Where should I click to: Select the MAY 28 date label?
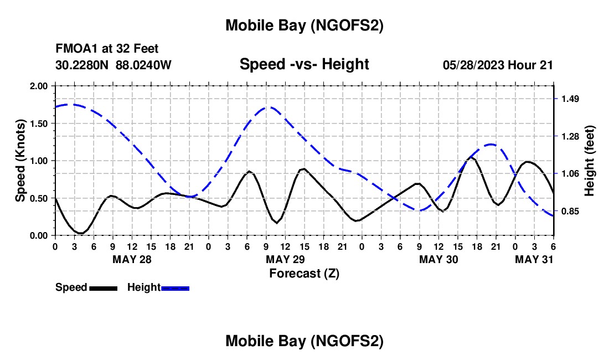tap(132, 259)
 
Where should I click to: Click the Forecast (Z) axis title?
tap(304, 273)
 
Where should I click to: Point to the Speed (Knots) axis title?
tap(20, 161)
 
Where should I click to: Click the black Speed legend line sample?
tap(103, 288)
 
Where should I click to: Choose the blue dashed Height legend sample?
tap(176, 288)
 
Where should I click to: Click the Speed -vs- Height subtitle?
tap(304, 64)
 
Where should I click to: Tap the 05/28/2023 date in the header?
tap(473, 65)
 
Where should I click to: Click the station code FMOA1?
tap(73, 49)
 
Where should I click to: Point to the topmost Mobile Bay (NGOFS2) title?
tap(304, 25)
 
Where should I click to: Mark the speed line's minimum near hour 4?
tap(81, 233)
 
